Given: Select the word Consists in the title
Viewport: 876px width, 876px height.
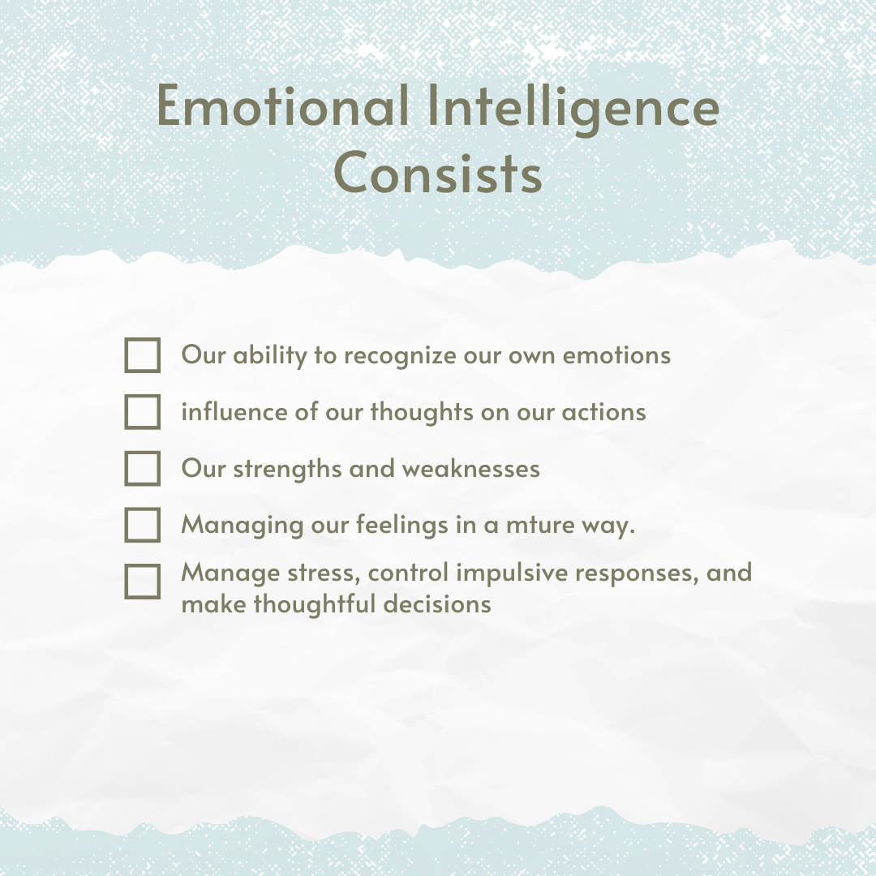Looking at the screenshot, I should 438,173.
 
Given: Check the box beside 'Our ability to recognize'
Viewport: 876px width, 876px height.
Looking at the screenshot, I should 143,355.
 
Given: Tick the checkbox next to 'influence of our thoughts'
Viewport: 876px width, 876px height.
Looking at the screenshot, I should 143,412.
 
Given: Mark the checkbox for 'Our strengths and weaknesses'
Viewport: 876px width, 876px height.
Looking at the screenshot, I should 143,469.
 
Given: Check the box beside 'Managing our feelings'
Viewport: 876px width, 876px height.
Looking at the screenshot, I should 143,525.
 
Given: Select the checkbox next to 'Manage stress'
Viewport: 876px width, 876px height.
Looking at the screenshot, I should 143,582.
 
